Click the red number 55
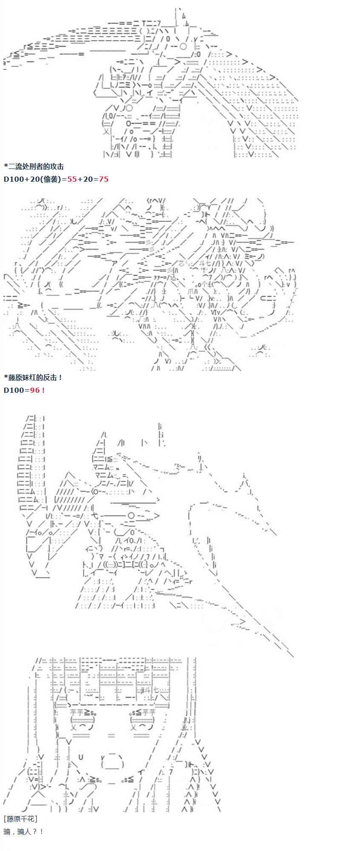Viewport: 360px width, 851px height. pos(71,179)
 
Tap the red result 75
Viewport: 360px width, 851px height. pos(103,179)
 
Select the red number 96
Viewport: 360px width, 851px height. pos(35,390)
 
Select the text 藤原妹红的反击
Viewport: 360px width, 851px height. pos(33,377)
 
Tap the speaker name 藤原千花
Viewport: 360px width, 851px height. pos(20,819)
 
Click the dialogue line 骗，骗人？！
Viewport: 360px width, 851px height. pos(23,831)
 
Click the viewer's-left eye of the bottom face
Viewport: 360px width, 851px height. pos(82,720)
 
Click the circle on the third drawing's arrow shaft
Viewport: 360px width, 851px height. pos(131,516)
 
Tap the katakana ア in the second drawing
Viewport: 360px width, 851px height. pos(114,263)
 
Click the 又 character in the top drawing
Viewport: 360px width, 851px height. pos(107,131)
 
